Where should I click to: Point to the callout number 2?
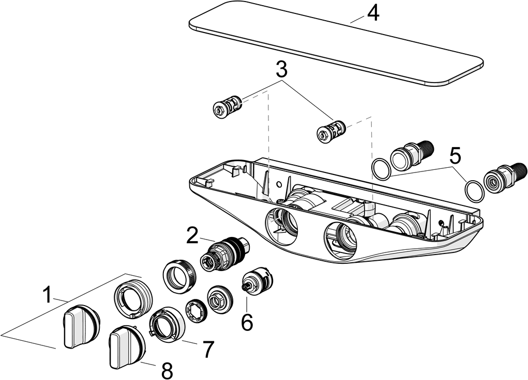click(192, 235)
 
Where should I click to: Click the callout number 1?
click(47, 295)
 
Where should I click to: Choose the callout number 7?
click(207, 350)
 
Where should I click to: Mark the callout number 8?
click(166, 370)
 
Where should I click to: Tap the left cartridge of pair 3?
click(227, 106)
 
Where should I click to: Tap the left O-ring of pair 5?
click(382, 169)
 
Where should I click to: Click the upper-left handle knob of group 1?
click(80, 325)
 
